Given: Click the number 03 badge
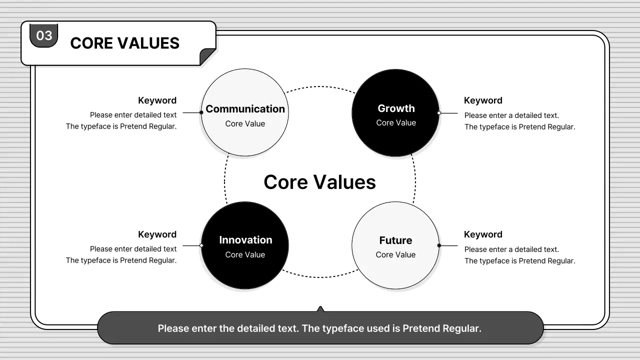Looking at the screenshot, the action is coord(43,35).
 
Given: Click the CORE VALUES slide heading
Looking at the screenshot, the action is coord(125,43).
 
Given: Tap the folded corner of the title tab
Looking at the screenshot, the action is coord(207,56).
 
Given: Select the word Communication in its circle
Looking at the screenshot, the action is coord(245,109).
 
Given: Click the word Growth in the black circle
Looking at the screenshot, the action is coord(396,108).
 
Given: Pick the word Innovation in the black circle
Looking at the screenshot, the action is coord(245,240).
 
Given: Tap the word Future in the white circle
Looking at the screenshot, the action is coord(395,240).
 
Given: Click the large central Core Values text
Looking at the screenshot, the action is coord(319,182).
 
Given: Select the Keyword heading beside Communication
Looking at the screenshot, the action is coord(157,100).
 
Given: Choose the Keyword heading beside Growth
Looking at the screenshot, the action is coord(483,100).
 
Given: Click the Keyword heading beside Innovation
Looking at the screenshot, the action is coord(157,234).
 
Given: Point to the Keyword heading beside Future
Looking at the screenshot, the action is coord(483,234).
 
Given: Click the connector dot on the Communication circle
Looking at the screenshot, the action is coord(201,112).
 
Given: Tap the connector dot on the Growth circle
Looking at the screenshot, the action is coord(439,113).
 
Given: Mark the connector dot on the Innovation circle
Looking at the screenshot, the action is coord(201,245).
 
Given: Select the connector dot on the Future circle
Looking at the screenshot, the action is coord(439,245).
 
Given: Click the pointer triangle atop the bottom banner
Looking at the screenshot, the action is coord(320,309).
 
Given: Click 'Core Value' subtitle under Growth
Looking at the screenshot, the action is coord(396,122).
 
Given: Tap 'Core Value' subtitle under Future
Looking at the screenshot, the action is coord(395,254).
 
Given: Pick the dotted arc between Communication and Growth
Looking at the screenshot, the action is coord(320,86).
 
